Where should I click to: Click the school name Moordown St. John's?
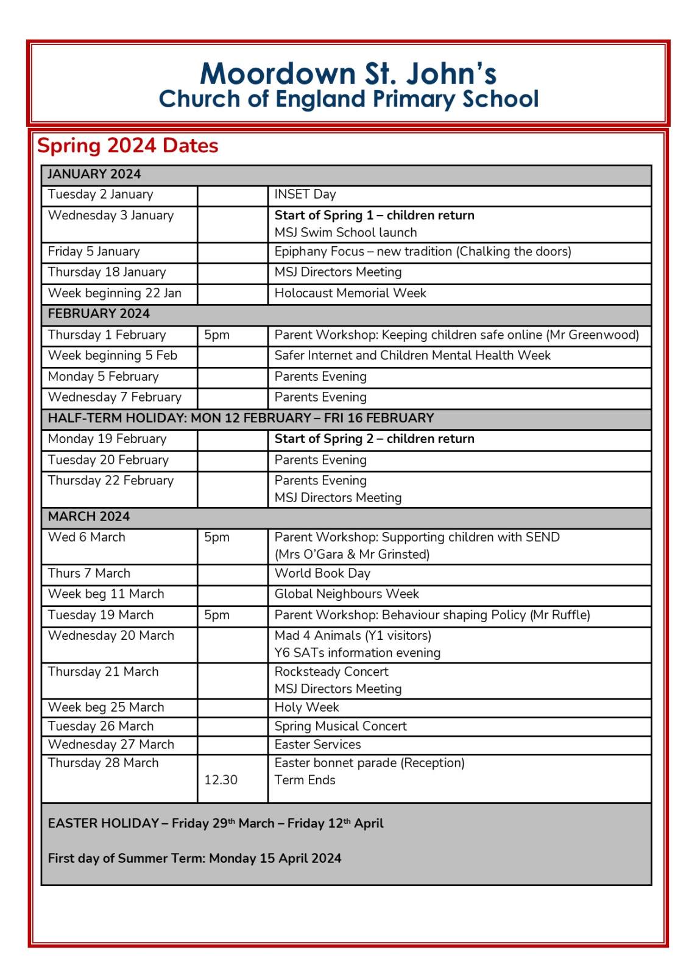(348, 74)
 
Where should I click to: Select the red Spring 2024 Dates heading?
(127, 146)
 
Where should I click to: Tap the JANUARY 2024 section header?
(94, 174)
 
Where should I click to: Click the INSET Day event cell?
(305, 194)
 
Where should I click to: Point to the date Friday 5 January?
(94, 252)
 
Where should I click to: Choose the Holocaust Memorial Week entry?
(350, 293)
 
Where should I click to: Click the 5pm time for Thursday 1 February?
(216, 335)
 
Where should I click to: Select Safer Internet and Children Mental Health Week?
(412, 356)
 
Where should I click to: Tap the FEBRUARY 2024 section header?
(98, 314)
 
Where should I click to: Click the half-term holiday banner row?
(241, 418)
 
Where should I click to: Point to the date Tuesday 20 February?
(108, 460)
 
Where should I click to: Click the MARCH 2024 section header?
(88, 517)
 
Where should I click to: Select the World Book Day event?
(322, 573)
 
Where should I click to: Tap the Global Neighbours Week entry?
(346, 594)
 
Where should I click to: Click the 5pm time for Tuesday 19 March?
(216, 615)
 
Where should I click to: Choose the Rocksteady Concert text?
(331, 672)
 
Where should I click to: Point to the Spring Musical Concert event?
(340, 726)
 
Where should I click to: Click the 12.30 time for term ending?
(221, 780)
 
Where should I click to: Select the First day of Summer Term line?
(194, 859)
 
